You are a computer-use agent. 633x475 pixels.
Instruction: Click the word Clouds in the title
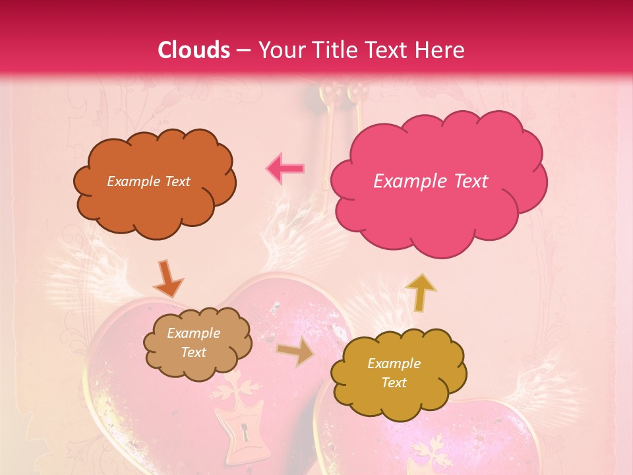click(x=194, y=50)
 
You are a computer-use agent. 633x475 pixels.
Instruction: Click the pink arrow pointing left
click(x=285, y=169)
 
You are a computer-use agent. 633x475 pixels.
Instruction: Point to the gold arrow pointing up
click(x=420, y=292)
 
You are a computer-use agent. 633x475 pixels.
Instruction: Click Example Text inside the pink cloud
click(x=431, y=181)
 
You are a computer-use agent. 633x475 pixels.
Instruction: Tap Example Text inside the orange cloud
click(x=149, y=181)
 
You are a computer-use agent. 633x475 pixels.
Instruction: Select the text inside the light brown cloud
click(x=194, y=343)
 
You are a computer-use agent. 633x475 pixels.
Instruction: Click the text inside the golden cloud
click(x=394, y=373)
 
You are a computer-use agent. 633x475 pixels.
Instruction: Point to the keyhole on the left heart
click(x=245, y=433)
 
